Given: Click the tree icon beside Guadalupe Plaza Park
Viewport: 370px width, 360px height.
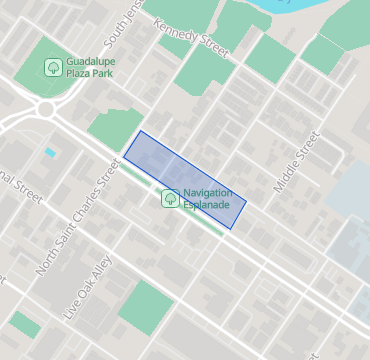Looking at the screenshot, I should click(53, 67).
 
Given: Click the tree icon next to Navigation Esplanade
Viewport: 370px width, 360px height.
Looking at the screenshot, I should click(171, 198).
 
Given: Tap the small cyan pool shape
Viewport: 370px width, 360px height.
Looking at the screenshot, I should click(49, 152).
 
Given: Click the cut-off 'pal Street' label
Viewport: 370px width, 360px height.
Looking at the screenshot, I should click(20, 187).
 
